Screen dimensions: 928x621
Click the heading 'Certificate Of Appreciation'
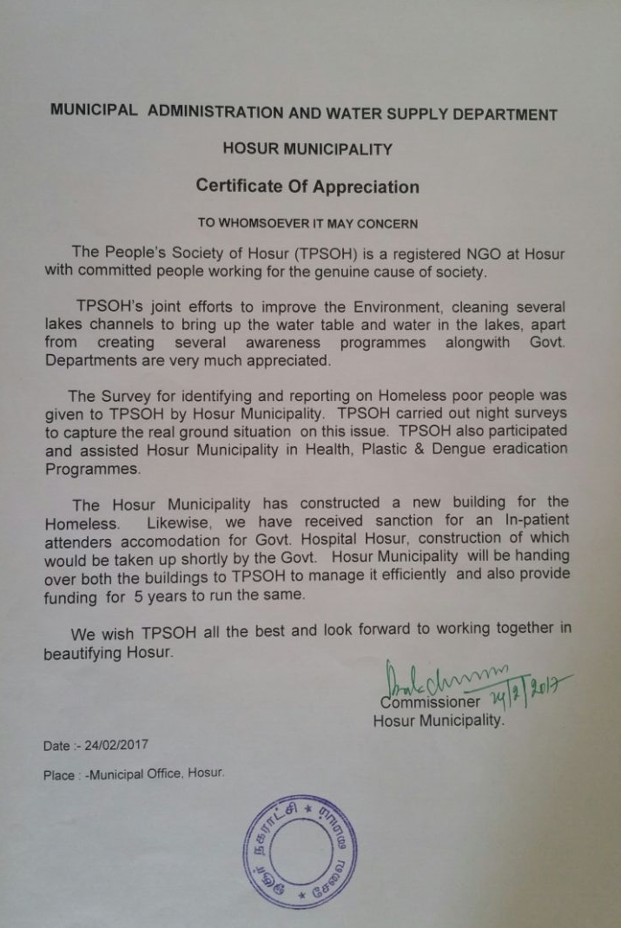pos(307,187)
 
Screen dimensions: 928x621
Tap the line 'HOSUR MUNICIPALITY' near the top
pos(307,148)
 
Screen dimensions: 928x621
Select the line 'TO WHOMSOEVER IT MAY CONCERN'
pos(307,223)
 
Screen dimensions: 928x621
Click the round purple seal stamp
pos(301,850)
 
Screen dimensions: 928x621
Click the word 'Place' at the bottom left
pos(59,776)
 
